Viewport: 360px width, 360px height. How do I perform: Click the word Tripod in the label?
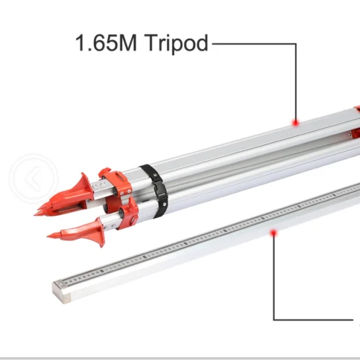tap(176, 43)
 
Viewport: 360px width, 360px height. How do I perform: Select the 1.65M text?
tap(106, 43)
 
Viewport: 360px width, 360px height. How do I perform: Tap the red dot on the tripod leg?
tap(296, 123)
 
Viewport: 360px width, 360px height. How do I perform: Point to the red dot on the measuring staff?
tap(273, 233)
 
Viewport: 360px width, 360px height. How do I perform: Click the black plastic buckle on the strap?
tap(162, 190)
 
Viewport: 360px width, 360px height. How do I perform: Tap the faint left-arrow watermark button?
tap(34, 178)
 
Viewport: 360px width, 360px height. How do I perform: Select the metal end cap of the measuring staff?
tap(62, 292)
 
